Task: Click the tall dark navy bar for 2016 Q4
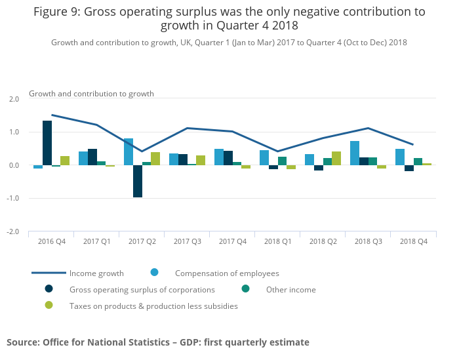pyautogui.click(x=47, y=143)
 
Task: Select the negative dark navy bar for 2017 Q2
pyautogui.click(x=138, y=181)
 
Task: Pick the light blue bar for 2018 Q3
pyautogui.click(x=355, y=153)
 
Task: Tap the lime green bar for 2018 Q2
pyautogui.click(x=336, y=158)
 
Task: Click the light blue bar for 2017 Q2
pyautogui.click(x=129, y=151)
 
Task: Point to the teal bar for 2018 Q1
pyautogui.click(x=282, y=161)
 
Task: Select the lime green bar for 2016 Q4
pyautogui.click(x=65, y=161)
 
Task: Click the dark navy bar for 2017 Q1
pyautogui.click(x=92, y=157)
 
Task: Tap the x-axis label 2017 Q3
pyautogui.click(x=187, y=241)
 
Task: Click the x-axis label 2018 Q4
pyautogui.click(x=414, y=241)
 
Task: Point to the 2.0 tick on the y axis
pyautogui.click(x=14, y=99)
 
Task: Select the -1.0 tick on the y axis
pyautogui.click(x=13, y=199)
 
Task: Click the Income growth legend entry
pyautogui.click(x=96, y=273)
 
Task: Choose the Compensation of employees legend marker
pyautogui.click(x=155, y=273)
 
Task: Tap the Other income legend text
pyautogui.click(x=290, y=290)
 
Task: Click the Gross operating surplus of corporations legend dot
pyautogui.click(x=49, y=289)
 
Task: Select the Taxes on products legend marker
pyautogui.click(x=49, y=306)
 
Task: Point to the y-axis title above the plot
pyautogui.click(x=91, y=94)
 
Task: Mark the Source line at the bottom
pyautogui.click(x=157, y=342)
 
